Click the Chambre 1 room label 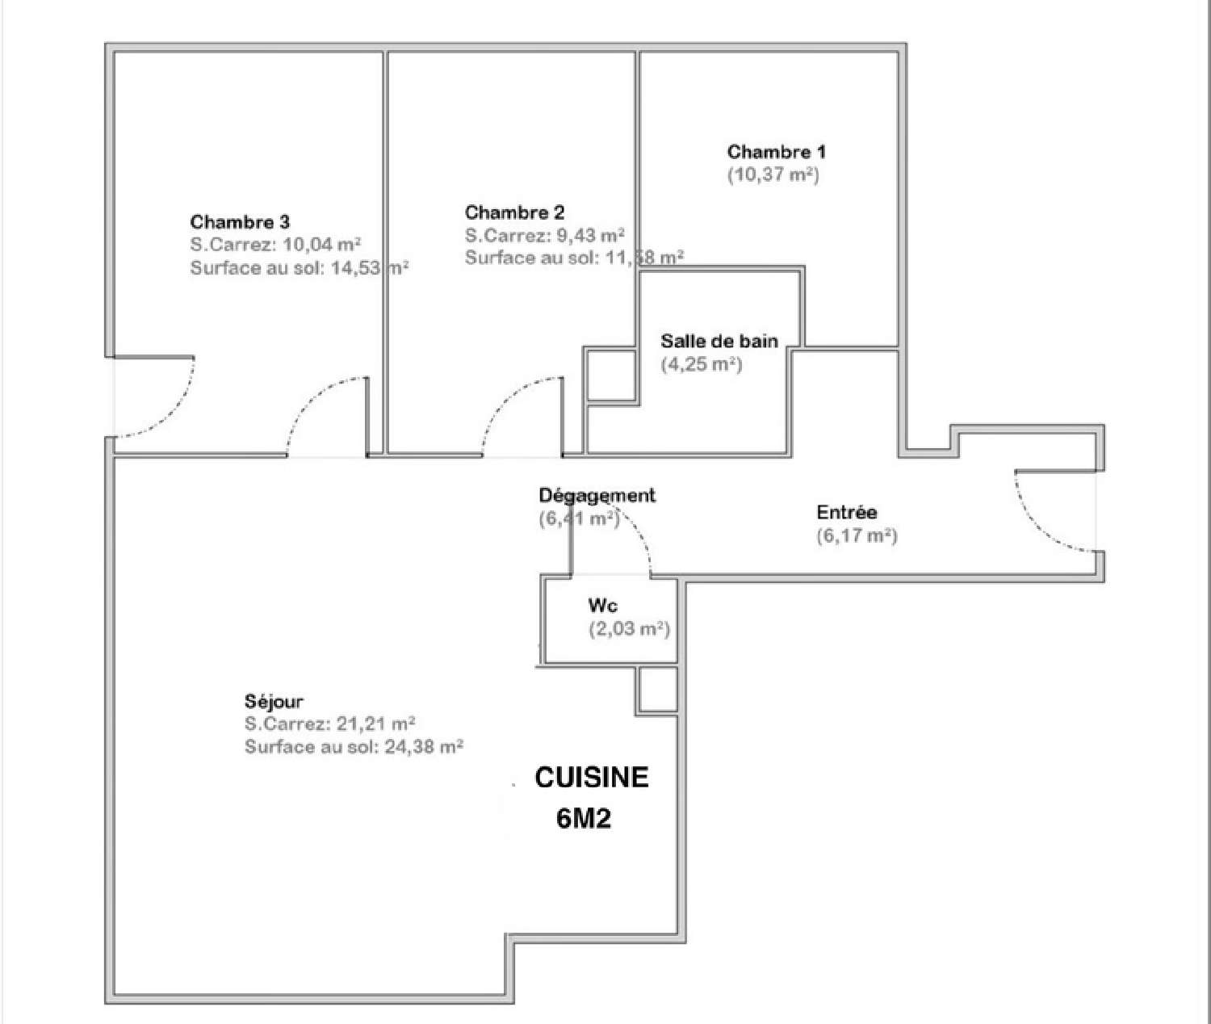tap(776, 152)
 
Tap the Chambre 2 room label tap(514, 212)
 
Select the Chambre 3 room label tap(240, 221)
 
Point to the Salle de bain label tap(719, 341)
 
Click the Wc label tap(602, 606)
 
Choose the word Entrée tap(846, 512)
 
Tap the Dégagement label tap(597, 495)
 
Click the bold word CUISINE tap(592, 777)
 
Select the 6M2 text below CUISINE tap(583, 819)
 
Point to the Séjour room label tap(274, 701)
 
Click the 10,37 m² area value tap(773, 174)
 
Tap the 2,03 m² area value tap(629, 628)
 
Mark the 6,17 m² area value tap(857, 535)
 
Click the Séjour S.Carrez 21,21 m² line tap(329, 724)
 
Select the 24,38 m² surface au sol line tap(354, 747)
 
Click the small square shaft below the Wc tap(657, 689)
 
